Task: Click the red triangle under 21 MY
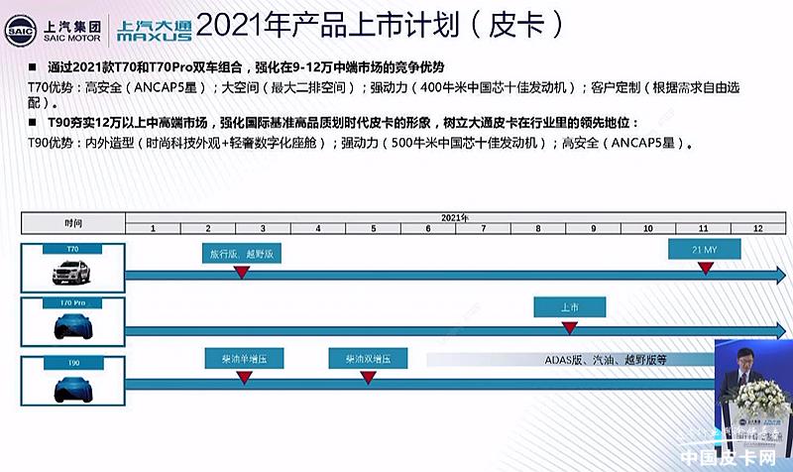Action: point(705,270)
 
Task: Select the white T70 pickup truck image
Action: point(73,268)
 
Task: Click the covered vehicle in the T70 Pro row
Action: point(73,321)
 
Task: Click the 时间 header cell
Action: point(73,222)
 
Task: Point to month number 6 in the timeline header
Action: point(427,228)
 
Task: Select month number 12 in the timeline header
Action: point(757,228)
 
